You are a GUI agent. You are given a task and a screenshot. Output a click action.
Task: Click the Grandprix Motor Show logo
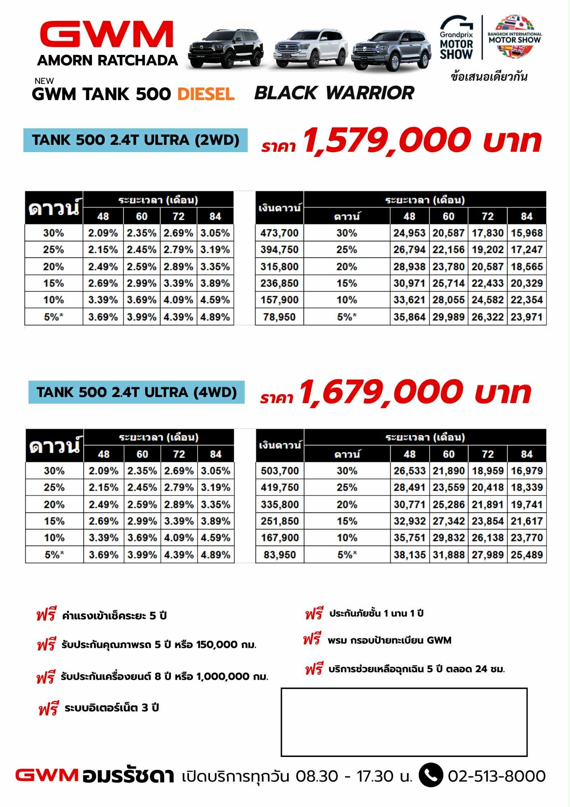456,38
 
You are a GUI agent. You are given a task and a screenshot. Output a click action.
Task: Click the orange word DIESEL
206,94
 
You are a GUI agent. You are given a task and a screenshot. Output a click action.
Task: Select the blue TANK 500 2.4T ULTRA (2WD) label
135,140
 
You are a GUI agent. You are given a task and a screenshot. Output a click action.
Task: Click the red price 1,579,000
387,140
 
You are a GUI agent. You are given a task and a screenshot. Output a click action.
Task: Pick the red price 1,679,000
381,392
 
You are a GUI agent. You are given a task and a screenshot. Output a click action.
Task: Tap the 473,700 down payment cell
279,233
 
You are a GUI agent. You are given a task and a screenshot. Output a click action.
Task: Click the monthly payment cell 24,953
410,233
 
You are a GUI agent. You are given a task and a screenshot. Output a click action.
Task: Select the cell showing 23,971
527,317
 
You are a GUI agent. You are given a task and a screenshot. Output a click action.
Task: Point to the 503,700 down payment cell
280,471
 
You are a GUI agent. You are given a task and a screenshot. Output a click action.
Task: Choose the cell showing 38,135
410,555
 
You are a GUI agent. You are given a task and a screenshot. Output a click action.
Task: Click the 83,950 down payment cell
280,555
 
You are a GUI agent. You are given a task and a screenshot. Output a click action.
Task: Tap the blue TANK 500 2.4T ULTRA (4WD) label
137,392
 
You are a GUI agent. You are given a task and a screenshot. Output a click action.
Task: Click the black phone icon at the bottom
431,776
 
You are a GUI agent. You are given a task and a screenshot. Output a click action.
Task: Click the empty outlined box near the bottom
404,722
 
